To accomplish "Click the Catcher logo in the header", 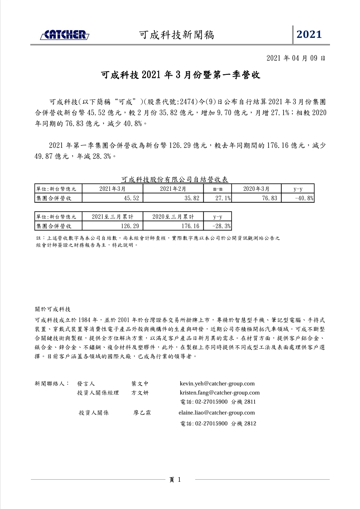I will (x=65, y=35).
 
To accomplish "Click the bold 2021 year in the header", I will (x=309, y=35).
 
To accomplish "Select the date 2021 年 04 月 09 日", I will (x=296, y=58).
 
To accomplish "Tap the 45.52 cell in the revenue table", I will (x=132, y=198).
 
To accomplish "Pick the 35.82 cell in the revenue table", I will (x=192, y=198).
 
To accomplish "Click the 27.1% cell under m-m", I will (x=223, y=198).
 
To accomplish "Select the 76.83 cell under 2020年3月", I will (x=269, y=198).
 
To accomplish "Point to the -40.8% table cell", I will (x=304, y=198).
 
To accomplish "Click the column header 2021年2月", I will (x=173, y=189).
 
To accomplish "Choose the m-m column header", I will (x=218, y=189).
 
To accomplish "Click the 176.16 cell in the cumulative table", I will (x=190, y=226).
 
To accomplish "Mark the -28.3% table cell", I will (x=222, y=226).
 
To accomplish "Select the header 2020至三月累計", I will (x=173, y=217).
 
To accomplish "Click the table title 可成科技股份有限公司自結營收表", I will (x=175, y=180).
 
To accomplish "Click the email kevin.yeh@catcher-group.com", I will (x=217, y=384).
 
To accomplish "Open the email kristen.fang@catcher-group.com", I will (x=220, y=393).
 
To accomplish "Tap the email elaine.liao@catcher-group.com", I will (x=217, y=413).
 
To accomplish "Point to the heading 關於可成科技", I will (x=53, y=309).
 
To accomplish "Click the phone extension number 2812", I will (x=250, y=424).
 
